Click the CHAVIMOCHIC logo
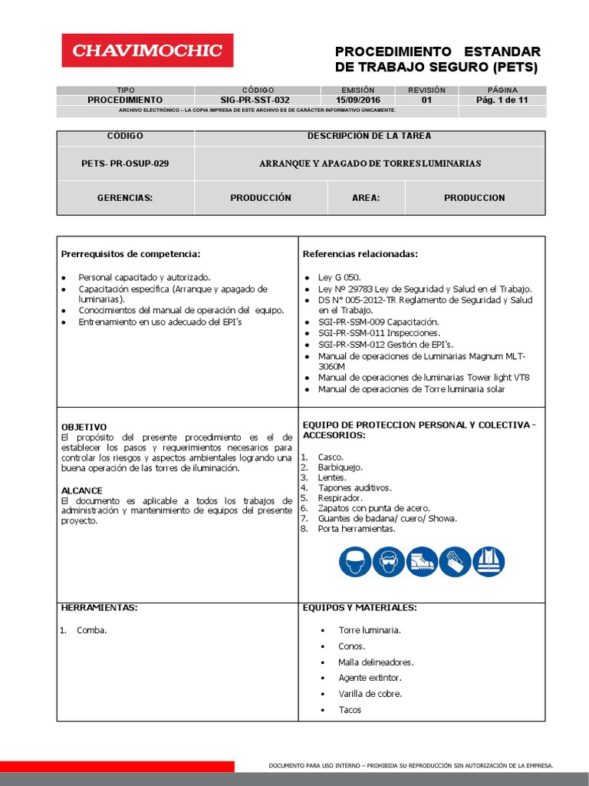(147, 51)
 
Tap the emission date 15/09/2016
(358, 100)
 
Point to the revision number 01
(426, 100)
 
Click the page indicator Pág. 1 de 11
(502, 100)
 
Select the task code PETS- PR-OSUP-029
(125, 163)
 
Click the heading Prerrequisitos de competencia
(130, 254)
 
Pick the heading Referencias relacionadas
(360, 254)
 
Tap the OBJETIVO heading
(84, 427)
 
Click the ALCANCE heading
(82, 490)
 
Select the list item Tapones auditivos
(354, 487)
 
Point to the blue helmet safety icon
(354, 562)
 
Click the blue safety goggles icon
(388, 562)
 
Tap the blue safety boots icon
(422, 562)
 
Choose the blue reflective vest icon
(489, 562)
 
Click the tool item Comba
(91, 630)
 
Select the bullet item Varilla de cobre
(370, 694)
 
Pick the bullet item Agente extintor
(370, 678)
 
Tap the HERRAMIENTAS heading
(99, 608)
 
